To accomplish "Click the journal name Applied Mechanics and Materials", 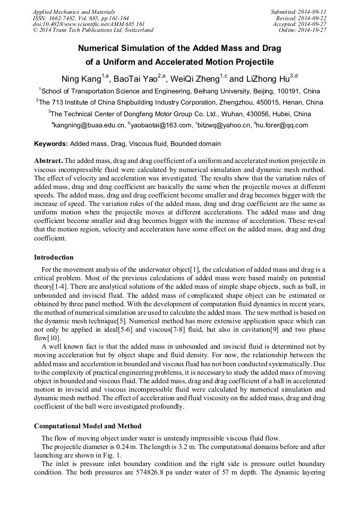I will tap(73, 12).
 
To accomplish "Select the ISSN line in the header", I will tap(81, 18).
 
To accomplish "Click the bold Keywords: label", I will tap(51, 144).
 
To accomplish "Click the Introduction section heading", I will tap(54, 257).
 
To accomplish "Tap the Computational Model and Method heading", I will tap(88, 426).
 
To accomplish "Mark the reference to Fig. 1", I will tap(116, 455).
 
